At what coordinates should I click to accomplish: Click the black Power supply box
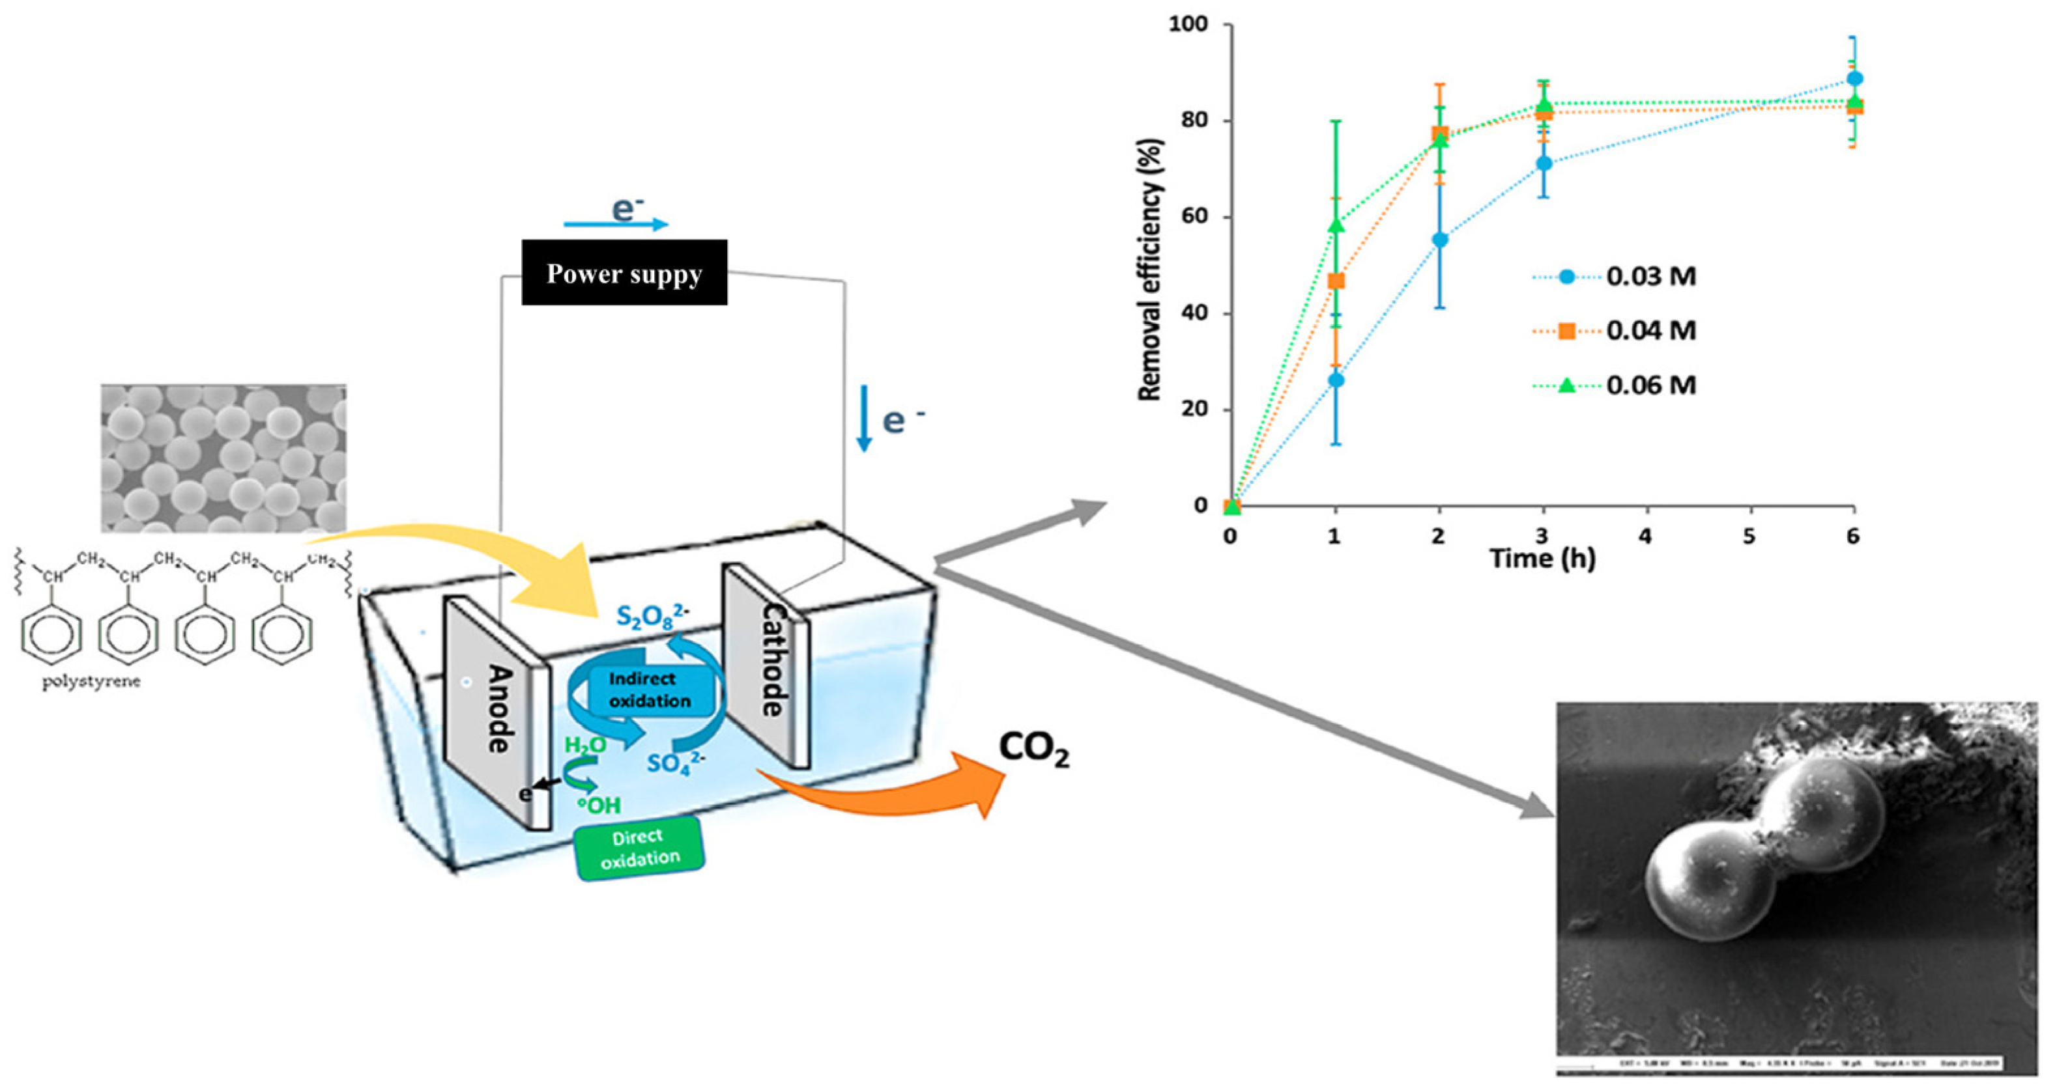624,272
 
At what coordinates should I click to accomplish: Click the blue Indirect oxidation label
649,689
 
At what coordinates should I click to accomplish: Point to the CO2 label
1033,749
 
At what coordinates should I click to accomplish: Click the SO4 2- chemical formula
676,763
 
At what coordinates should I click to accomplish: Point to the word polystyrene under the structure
93,682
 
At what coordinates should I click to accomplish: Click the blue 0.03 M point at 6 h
1854,79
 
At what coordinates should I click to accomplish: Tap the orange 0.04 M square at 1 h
1335,281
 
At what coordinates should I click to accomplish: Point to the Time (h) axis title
1543,558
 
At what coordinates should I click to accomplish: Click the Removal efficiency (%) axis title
1150,270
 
